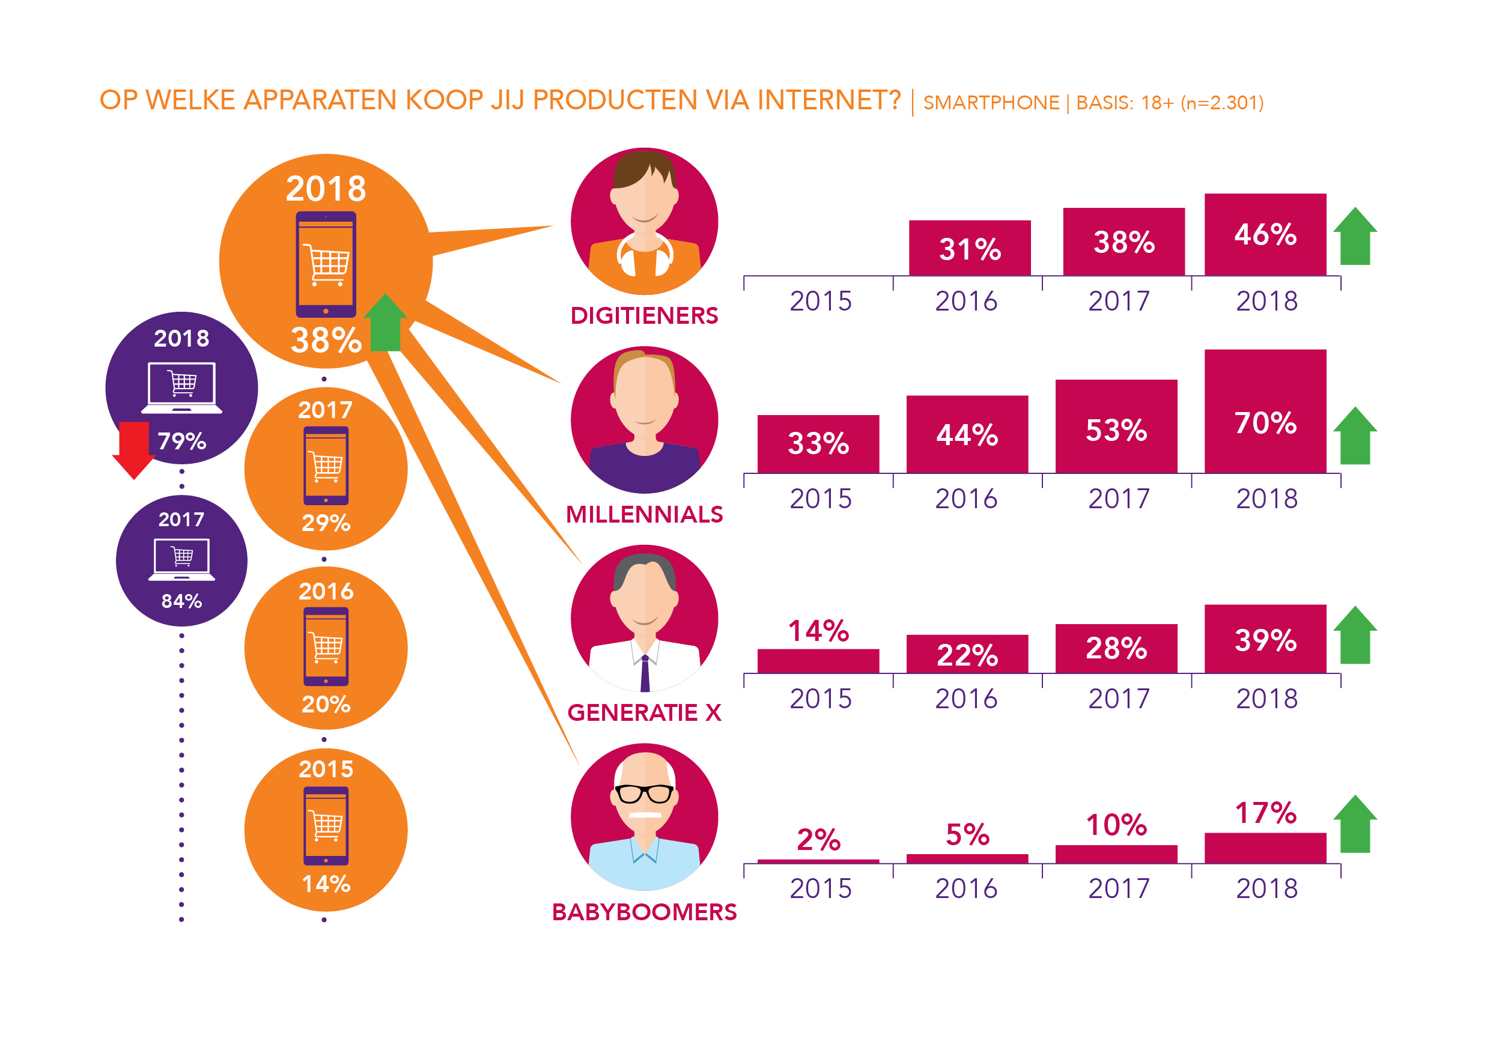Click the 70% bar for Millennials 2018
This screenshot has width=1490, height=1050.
pyautogui.click(x=1265, y=411)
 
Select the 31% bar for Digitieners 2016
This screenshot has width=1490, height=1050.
pyautogui.click(x=970, y=249)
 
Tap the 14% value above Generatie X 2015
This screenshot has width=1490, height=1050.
pyautogui.click(x=818, y=631)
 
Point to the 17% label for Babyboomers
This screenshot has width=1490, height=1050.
pyautogui.click(x=1265, y=813)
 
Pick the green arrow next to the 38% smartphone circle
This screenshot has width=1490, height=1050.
pyautogui.click(x=386, y=323)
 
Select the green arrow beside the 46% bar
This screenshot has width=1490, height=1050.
pyautogui.click(x=1355, y=236)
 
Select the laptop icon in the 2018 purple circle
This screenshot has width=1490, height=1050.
pyautogui.click(x=181, y=387)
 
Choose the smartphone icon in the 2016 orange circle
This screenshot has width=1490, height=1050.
pyautogui.click(x=326, y=646)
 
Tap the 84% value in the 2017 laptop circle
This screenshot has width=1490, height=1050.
pyautogui.click(x=181, y=601)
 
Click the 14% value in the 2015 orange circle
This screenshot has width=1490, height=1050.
pyautogui.click(x=326, y=884)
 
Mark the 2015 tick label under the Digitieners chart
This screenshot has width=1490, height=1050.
pyautogui.click(x=820, y=301)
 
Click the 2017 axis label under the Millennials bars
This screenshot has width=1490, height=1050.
pyautogui.click(x=1119, y=499)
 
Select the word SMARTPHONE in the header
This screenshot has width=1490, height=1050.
pyautogui.click(x=991, y=103)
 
